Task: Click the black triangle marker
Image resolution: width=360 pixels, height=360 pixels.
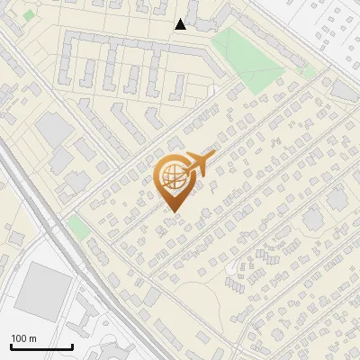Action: (x=181, y=24)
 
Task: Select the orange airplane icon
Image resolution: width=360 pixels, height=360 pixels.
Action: (x=200, y=164)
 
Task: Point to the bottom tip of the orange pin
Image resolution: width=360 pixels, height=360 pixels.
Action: (x=172, y=212)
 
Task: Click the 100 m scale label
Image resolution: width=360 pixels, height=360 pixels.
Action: (x=23, y=338)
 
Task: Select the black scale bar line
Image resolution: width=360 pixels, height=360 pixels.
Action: (x=41, y=347)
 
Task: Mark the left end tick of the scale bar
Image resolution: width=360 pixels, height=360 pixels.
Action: (x=11, y=346)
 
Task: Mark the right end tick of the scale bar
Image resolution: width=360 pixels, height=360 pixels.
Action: (x=72, y=346)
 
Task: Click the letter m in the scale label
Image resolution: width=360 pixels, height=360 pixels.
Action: (x=32, y=338)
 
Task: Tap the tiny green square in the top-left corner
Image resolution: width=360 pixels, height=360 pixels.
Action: (x=29, y=15)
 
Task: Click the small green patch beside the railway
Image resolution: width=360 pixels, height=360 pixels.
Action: (x=79, y=228)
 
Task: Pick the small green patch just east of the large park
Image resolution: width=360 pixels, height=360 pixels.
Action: (x=309, y=70)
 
